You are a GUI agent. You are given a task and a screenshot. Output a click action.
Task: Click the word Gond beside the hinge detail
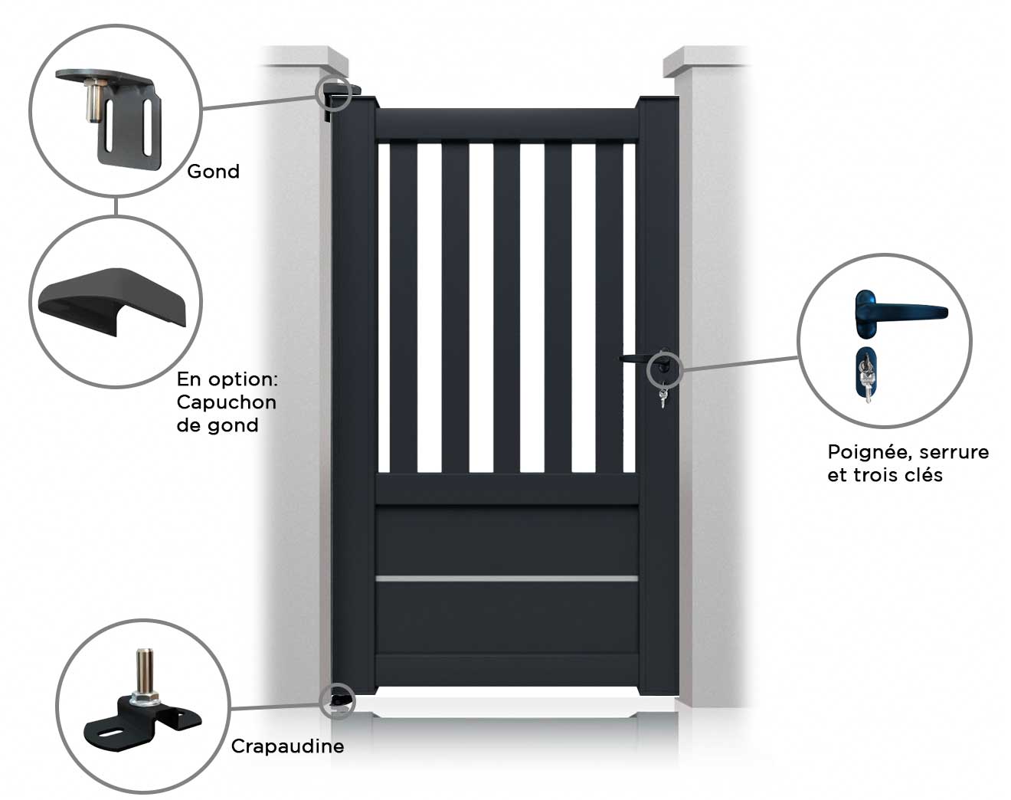tap(213, 172)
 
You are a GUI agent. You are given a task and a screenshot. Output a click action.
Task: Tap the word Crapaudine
tap(287, 746)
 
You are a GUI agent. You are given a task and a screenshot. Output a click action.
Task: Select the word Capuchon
tap(226, 402)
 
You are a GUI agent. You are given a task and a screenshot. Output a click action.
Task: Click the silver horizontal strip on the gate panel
tap(506, 579)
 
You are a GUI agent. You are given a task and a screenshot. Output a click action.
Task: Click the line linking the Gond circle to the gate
tap(260, 100)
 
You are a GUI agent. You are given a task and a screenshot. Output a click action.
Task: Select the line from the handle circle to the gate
tap(739, 363)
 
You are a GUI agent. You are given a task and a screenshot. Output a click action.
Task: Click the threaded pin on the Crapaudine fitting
tap(143, 671)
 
